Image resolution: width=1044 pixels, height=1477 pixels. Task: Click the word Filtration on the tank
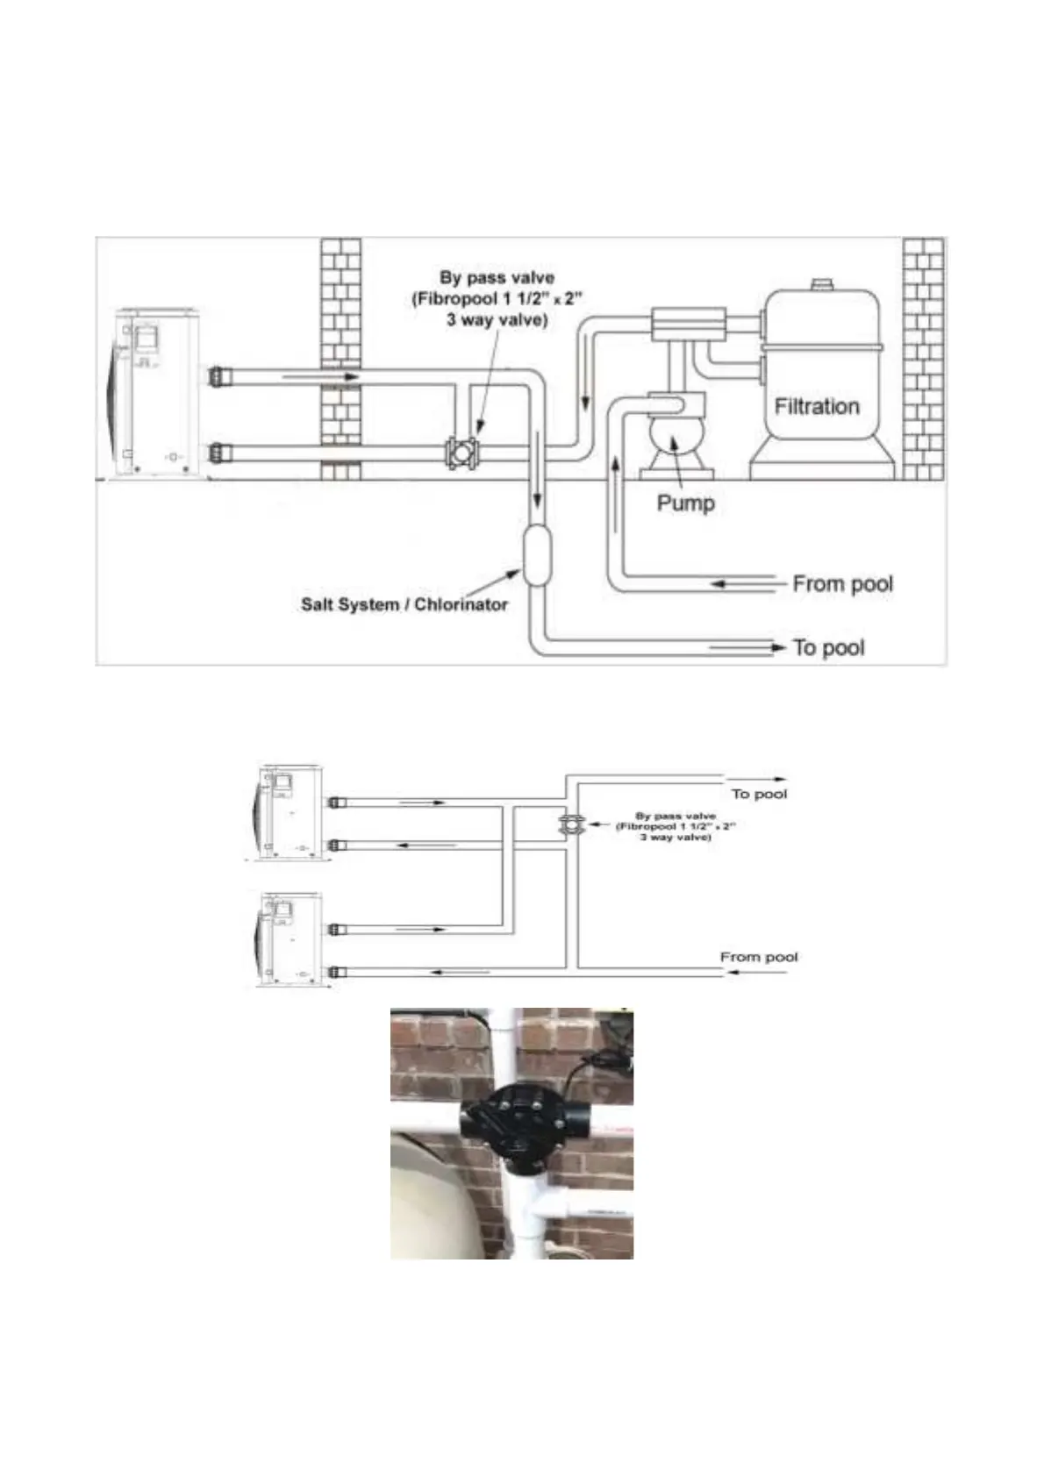[817, 406]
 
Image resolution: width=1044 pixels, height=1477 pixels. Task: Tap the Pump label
[685, 503]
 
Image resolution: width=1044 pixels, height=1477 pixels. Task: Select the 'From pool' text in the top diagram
[842, 583]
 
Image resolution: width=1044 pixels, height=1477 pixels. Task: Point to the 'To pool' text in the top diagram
[828, 647]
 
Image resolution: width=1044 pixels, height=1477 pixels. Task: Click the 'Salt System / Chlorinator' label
[404, 604]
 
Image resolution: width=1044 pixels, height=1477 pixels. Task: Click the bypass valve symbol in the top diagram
[461, 453]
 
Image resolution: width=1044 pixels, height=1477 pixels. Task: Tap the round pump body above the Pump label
[671, 441]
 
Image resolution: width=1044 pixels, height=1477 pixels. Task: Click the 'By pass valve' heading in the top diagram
[497, 277]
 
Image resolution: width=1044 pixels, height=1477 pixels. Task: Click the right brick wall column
[924, 358]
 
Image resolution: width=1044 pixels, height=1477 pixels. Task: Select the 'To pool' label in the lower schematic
[759, 794]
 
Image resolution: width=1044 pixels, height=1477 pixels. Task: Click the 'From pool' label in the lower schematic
[759, 957]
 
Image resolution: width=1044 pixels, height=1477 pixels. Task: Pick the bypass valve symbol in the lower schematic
[570, 824]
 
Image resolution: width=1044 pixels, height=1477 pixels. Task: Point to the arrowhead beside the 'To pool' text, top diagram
[777, 647]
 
